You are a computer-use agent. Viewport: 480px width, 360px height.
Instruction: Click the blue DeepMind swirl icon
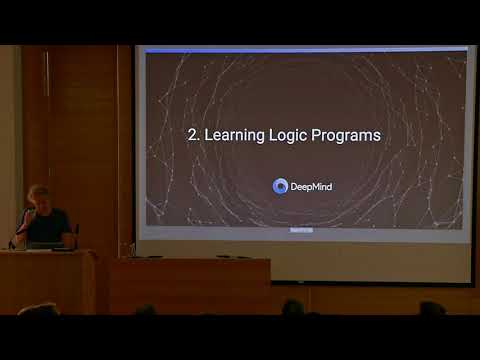pos(281,185)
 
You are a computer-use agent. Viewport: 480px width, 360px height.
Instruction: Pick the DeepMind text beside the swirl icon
pos(313,185)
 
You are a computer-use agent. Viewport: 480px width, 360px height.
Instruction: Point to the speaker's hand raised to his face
pos(27,213)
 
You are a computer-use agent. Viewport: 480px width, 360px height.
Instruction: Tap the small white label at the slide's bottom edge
pos(300,229)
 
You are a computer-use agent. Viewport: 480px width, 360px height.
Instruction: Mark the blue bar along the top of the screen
pos(305,48)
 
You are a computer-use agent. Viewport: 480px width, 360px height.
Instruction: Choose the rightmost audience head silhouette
pos(431,308)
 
